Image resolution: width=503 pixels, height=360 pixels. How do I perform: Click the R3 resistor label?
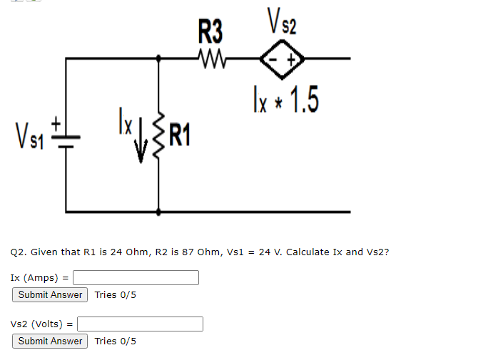(210, 32)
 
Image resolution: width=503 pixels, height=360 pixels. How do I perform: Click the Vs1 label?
(27, 134)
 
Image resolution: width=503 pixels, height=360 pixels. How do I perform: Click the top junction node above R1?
(158, 59)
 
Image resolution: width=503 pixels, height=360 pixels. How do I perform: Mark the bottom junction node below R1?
(158, 212)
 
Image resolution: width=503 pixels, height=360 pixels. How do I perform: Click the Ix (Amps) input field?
(136, 277)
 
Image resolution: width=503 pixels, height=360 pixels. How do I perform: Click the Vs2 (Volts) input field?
(140, 324)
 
